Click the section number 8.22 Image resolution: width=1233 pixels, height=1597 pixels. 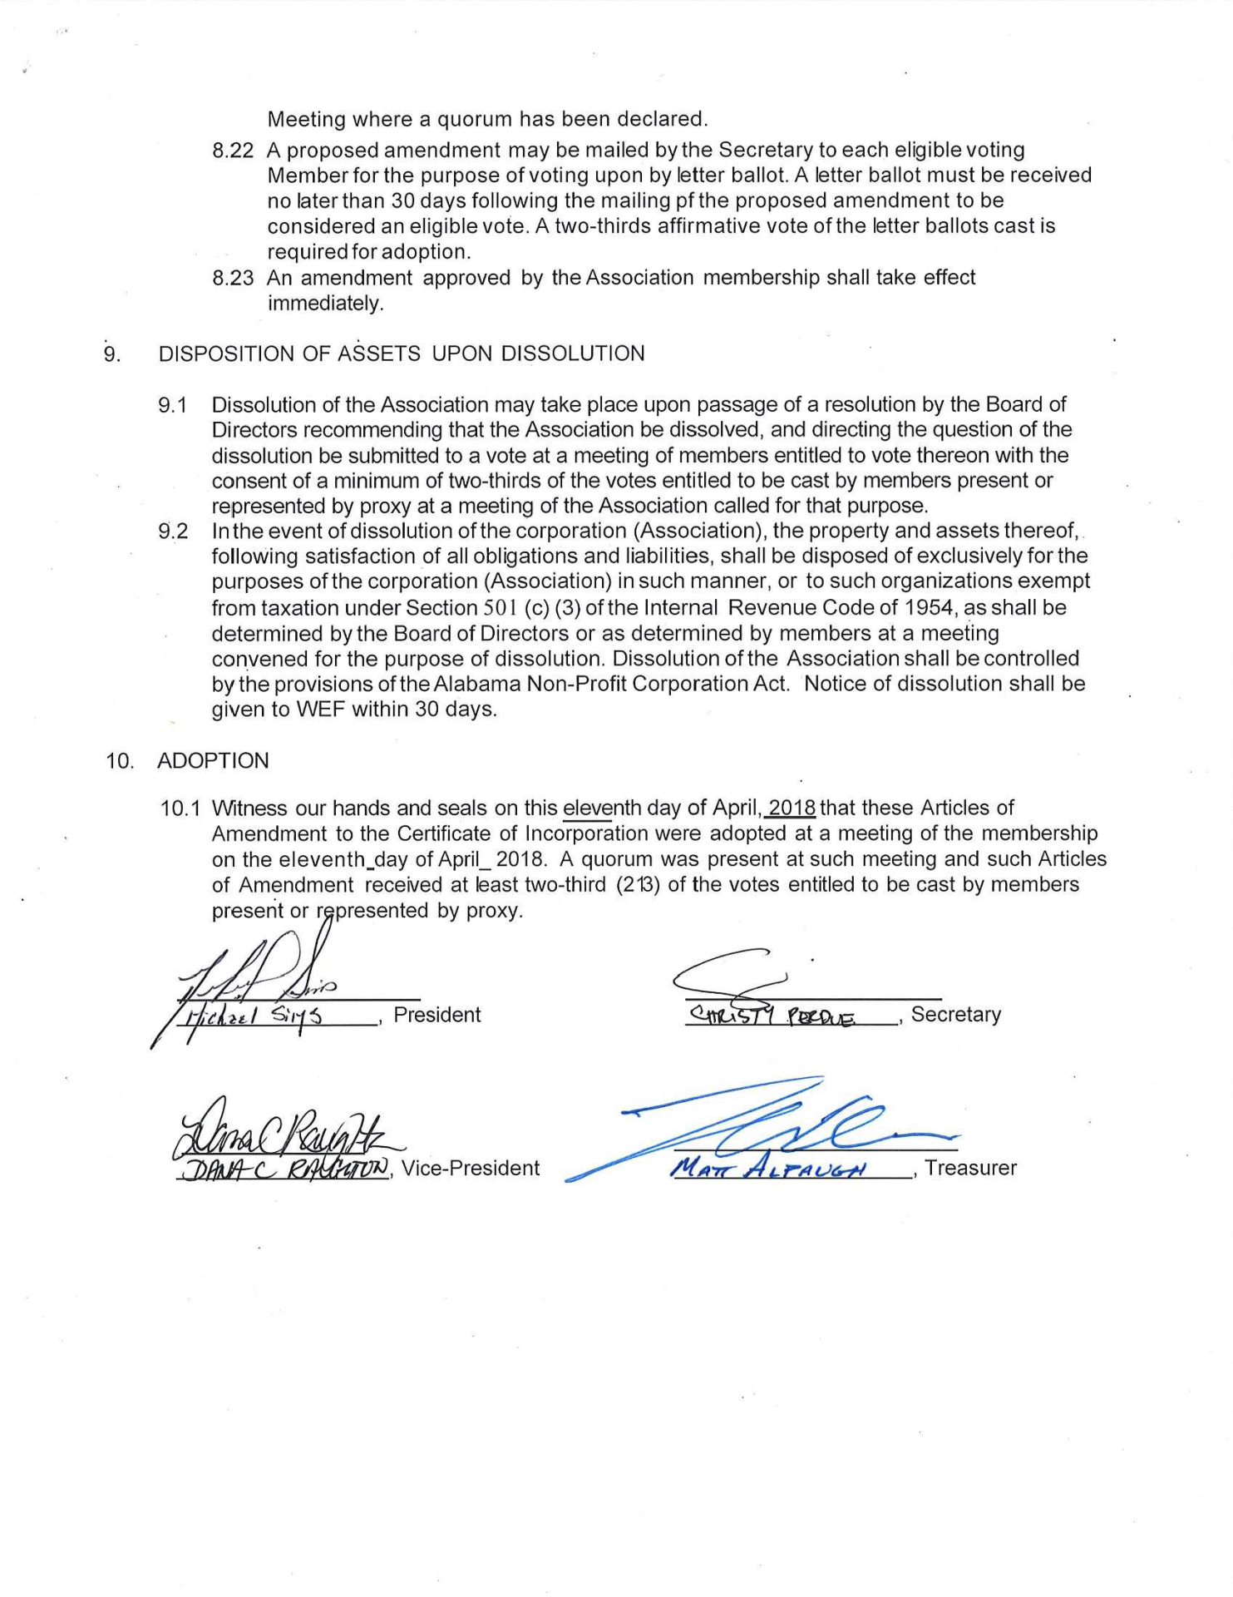click(232, 151)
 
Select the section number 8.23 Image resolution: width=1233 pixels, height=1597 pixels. click(232, 278)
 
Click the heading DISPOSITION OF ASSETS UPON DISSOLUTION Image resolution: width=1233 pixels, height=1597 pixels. click(402, 354)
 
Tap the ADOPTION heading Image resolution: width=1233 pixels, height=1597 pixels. click(213, 760)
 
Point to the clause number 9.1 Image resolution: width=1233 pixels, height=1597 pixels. click(173, 405)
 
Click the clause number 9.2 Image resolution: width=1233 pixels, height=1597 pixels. click(173, 531)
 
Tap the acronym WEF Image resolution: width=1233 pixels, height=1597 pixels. click(321, 710)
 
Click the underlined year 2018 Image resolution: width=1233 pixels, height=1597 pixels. click(792, 808)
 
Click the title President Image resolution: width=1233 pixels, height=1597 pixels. click(437, 1015)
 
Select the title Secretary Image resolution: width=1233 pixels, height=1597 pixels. click(956, 1014)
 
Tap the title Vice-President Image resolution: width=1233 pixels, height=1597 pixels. click(471, 1168)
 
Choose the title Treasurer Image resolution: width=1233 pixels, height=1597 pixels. click(970, 1168)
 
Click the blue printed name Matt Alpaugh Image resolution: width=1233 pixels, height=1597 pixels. click(769, 1168)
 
